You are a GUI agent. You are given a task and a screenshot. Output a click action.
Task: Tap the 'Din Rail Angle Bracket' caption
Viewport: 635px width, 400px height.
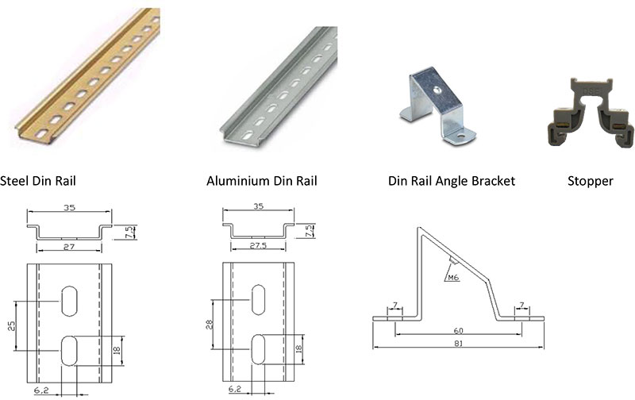(451, 181)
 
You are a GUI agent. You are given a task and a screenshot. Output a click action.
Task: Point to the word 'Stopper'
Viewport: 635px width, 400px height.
(590, 181)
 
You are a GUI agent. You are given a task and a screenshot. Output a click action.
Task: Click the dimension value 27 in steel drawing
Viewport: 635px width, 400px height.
(69, 248)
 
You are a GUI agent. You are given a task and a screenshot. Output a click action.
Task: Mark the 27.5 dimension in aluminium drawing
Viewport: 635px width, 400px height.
(261, 248)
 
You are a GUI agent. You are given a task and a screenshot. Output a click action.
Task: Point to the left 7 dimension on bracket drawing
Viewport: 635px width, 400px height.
(394, 306)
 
